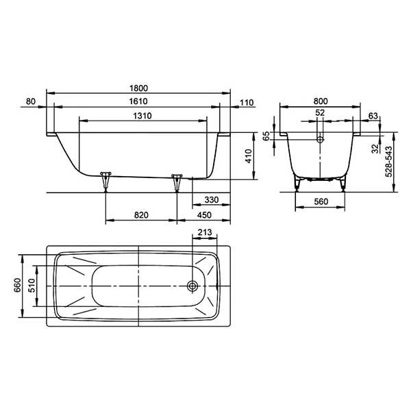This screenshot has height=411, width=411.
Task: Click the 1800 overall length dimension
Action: (x=138, y=88)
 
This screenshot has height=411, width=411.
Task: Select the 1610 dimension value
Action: (x=138, y=102)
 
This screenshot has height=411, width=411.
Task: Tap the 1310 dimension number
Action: (x=141, y=116)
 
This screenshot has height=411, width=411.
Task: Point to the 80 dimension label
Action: (x=30, y=102)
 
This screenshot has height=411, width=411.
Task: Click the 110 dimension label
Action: (x=247, y=102)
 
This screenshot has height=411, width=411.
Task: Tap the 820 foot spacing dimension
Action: (x=141, y=215)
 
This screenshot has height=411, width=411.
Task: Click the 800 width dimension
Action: (x=320, y=102)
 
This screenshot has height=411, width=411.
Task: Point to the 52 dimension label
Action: (x=320, y=113)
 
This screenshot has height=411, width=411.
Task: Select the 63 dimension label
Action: (x=373, y=116)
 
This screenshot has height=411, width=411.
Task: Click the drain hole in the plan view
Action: (x=195, y=286)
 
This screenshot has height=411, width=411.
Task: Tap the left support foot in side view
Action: (x=105, y=180)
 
